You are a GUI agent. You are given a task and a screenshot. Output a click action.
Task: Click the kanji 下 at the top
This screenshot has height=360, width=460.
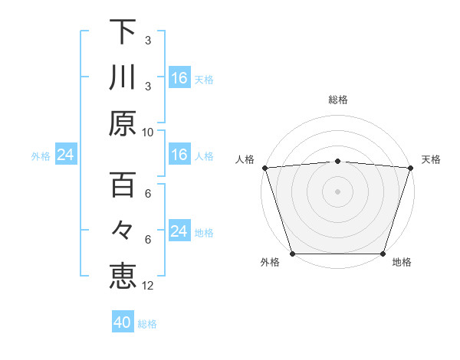pyautogui.click(x=123, y=33)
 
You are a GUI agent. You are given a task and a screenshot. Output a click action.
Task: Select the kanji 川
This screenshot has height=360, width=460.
pyautogui.click(x=123, y=78)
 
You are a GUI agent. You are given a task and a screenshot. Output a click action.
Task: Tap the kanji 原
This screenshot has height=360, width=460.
pyautogui.click(x=123, y=123)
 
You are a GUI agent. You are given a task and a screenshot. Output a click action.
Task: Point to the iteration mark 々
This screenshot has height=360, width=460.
pyautogui.click(x=123, y=231)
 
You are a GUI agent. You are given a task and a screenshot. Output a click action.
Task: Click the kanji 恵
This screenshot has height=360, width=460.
pyautogui.click(x=123, y=275)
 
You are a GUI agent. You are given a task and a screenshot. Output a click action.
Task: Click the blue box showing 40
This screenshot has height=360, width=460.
pyautogui.click(x=123, y=322)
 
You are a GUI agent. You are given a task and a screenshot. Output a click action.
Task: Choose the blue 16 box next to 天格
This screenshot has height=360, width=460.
pyautogui.click(x=179, y=78)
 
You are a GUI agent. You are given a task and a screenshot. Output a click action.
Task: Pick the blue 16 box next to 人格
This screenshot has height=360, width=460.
pyautogui.click(x=179, y=155)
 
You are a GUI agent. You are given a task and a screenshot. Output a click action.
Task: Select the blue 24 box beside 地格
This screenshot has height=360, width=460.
pyautogui.click(x=179, y=231)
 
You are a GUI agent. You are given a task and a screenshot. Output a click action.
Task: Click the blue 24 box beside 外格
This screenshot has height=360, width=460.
pyautogui.click(x=65, y=155)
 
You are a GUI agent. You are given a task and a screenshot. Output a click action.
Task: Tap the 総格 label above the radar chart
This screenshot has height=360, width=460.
pyautogui.click(x=338, y=100)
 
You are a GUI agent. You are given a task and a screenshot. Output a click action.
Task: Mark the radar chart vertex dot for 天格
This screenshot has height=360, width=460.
pyautogui.click(x=411, y=167)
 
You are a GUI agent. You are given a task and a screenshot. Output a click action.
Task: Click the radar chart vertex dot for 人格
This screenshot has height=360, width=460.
pyautogui.click(x=264, y=167)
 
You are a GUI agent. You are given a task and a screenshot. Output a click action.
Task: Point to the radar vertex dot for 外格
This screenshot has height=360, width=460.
pyautogui.click(x=292, y=254)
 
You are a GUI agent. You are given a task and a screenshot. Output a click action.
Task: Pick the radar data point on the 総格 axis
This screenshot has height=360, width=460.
pyautogui.click(x=338, y=161)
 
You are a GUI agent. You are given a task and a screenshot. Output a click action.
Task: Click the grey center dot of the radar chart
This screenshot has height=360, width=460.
pyautogui.click(x=338, y=191)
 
